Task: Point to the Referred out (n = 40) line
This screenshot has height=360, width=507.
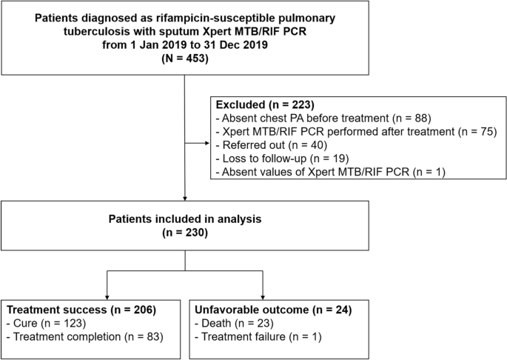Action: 263,146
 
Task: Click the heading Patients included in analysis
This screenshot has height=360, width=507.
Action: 184,220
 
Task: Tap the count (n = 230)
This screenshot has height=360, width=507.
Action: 184,234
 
